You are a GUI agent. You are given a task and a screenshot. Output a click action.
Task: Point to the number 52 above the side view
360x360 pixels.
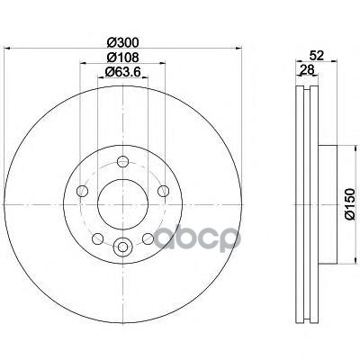[314, 56]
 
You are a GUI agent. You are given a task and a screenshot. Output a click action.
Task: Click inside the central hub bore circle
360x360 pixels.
[121, 200]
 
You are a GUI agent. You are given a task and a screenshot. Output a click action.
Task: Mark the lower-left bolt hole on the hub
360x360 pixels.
[97, 236]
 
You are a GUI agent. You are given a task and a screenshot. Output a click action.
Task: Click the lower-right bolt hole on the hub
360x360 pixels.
[145, 236]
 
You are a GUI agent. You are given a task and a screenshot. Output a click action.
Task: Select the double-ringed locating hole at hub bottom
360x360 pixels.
[121, 244]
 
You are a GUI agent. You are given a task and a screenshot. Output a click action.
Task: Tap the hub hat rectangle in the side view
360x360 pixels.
[319, 200]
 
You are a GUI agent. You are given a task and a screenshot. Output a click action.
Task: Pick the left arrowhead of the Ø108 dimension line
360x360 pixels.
[82, 64]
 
